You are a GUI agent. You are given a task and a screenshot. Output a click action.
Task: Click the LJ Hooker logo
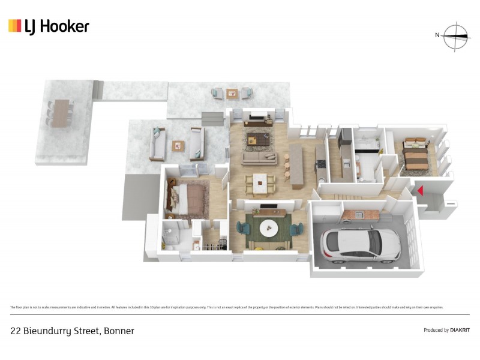49,26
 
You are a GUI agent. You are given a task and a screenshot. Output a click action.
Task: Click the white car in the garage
361,244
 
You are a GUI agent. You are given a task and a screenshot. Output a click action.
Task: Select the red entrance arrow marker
421,191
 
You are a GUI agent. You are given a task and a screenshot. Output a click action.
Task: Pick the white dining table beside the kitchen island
260,182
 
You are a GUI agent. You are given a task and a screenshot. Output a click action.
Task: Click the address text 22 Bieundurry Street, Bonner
73,331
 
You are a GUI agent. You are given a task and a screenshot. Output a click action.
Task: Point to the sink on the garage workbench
359,214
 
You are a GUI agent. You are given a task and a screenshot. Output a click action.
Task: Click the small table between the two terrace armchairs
232,93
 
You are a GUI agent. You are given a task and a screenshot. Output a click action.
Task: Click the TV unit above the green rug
268,209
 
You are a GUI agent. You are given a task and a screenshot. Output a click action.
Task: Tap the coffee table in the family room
259,140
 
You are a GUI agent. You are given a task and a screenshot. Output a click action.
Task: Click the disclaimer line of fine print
227,307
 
